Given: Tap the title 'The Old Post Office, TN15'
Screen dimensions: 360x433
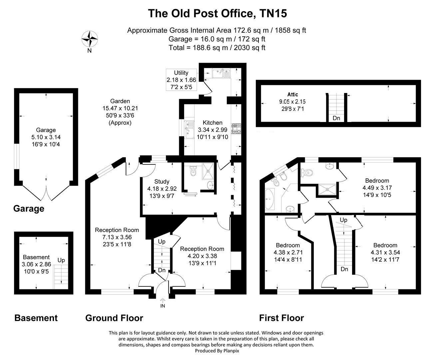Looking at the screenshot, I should (217, 14).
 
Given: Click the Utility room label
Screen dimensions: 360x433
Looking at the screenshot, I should (181, 80).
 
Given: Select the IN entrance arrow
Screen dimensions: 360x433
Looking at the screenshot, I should (163, 303).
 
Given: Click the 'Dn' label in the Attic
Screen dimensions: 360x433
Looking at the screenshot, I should (336, 118).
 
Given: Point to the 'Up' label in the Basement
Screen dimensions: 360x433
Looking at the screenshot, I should (61, 260).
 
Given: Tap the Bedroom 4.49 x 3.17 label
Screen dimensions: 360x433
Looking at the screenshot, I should (377, 187).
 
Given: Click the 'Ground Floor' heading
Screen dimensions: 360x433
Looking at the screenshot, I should (114, 318).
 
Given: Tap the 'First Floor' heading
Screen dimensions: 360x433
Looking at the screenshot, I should (281, 318).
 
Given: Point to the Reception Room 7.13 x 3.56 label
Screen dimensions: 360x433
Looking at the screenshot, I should (117, 237).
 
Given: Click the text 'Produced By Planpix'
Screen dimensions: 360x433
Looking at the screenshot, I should (217, 351).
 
